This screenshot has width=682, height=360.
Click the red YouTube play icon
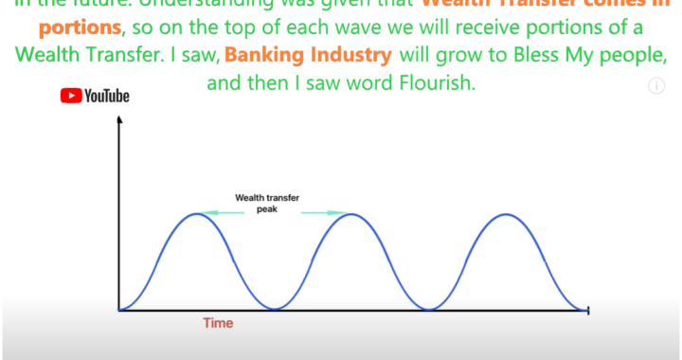pyautogui.click(x=71, y=95)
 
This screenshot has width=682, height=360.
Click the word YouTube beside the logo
pyautogui.click(x=106, y=95)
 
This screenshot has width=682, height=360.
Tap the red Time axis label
pyautogui.click(x=218, y=323)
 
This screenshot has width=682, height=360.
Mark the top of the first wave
pyautogui.click(x=196, y=214)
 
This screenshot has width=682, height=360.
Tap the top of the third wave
pyautogui.click(x=508, y=214)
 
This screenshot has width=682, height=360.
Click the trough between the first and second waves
pyautogui.click(x=275, y=310)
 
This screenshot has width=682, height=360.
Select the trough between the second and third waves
pyautogui.click(x=430, y=310)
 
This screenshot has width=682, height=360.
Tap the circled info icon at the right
pyautogui.click(x=655, y=86)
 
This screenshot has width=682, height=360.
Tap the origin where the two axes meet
pyautogui.click(x=118, y=310)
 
